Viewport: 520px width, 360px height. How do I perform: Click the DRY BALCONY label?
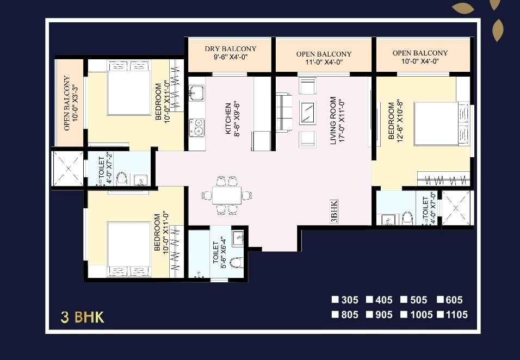point(231,53)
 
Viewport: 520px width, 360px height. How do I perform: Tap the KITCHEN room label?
point(232,118)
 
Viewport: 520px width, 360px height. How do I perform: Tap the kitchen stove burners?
point(196,127)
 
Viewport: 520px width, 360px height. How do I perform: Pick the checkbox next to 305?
point(336,300)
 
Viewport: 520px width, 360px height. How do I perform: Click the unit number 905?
point(382,314)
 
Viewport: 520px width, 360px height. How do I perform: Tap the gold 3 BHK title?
point(82,317)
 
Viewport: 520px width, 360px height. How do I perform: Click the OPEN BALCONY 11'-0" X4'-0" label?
point(324,58)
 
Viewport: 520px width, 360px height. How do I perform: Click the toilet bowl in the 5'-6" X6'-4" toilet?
point(236,263)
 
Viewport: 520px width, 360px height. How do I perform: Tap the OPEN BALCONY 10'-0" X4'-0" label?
point(420,57)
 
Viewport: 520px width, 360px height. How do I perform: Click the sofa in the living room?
point(283,113)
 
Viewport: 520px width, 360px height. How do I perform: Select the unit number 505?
point(416,300)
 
